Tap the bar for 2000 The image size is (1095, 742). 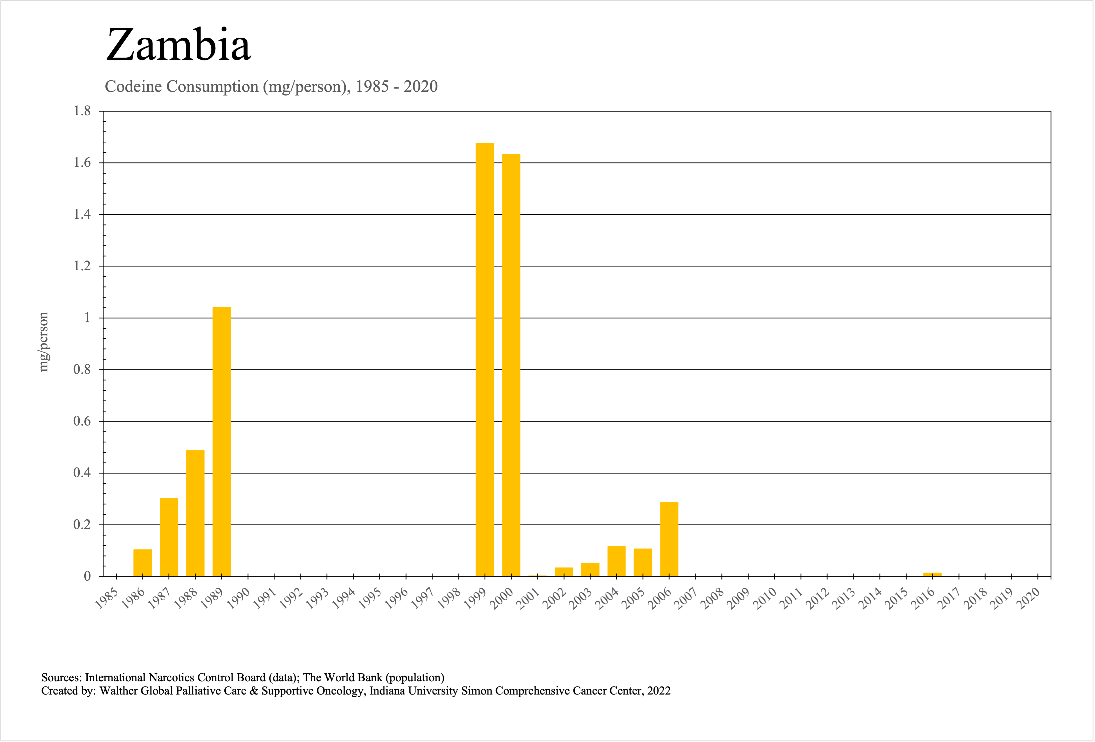(511, 365)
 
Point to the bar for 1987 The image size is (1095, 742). (169, 537)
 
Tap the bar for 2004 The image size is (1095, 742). (616, 561)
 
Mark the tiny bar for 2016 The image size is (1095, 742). (932, 574)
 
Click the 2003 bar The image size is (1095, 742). (590, 569)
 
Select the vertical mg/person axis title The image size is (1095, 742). (43, 342)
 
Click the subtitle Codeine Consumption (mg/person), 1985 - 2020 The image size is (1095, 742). (271, 87)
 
